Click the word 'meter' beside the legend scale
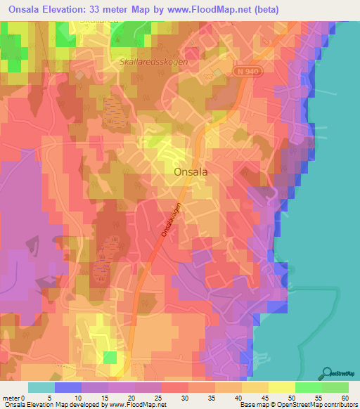click(12, 398)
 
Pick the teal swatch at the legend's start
click(41, 387)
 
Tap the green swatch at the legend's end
click(335, 387)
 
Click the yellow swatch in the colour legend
click(281, 387)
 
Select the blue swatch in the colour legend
click(68, 387)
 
